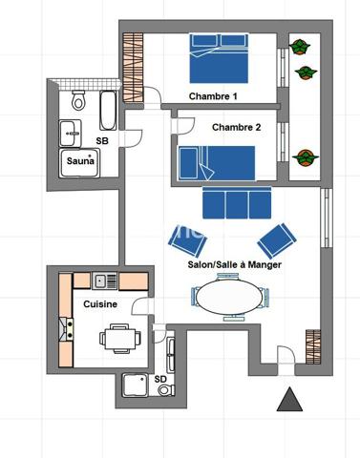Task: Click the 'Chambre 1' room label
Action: click(x=213, y=96)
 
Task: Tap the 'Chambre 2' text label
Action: click(x=236, y=127)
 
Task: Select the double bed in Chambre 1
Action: click(x=220, y=59)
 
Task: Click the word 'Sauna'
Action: click(x=79, y=163)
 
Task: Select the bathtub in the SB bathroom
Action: click(x=107, y=110)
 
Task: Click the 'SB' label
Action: click(x=101, y=141)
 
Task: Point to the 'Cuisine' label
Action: click(x=100, y=303)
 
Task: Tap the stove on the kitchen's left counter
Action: click(x=68, y=329)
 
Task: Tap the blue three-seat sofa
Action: click(x=236, y=202)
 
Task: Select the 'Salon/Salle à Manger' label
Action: click(x=234, y=265)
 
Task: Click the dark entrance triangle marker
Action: click(x=289, y=401)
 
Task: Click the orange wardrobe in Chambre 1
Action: click(x=133, y=66)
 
